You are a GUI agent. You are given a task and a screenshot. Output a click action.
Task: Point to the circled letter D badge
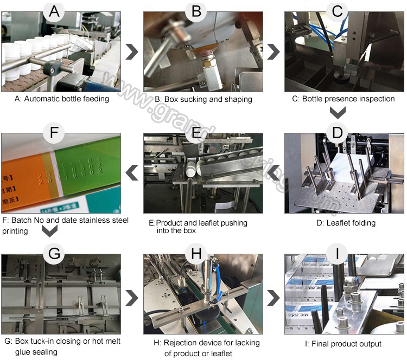[337, 132]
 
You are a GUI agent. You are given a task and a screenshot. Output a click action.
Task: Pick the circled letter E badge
[196, 132]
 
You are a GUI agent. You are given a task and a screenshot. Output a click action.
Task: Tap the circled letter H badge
[196, 254]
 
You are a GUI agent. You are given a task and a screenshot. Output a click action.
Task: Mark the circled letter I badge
[337, 254]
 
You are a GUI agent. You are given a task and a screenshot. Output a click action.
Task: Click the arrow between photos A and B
[131, 52]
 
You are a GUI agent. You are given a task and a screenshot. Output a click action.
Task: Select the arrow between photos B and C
[274, 52]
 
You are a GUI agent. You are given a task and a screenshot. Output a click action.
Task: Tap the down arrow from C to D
[338, 113]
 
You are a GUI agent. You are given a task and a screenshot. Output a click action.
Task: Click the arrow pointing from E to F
[131, 173]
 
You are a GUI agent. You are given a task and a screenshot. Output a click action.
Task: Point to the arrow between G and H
[131, 297]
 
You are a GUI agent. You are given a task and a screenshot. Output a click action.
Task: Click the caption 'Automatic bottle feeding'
[62, 99]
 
